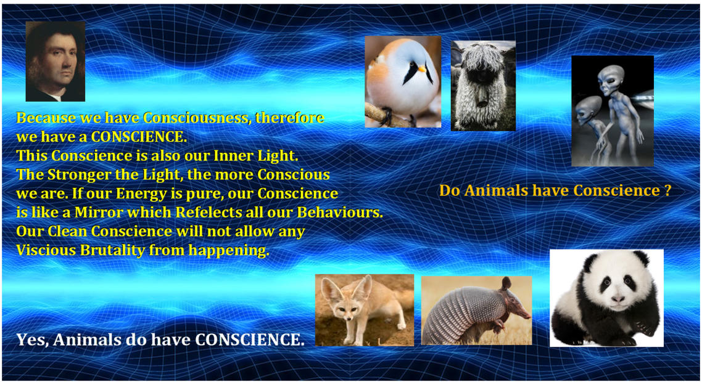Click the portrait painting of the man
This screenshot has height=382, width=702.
click(x=55, y=61)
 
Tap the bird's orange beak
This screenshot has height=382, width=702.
click(x=422, y=69)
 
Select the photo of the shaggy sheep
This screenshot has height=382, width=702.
click(x=483, y=86)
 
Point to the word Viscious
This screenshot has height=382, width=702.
click(x=46, y=250)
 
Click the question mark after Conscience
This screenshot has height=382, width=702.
click(x=667, y=190)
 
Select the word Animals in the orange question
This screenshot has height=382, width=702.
click(x=496, y=190)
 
